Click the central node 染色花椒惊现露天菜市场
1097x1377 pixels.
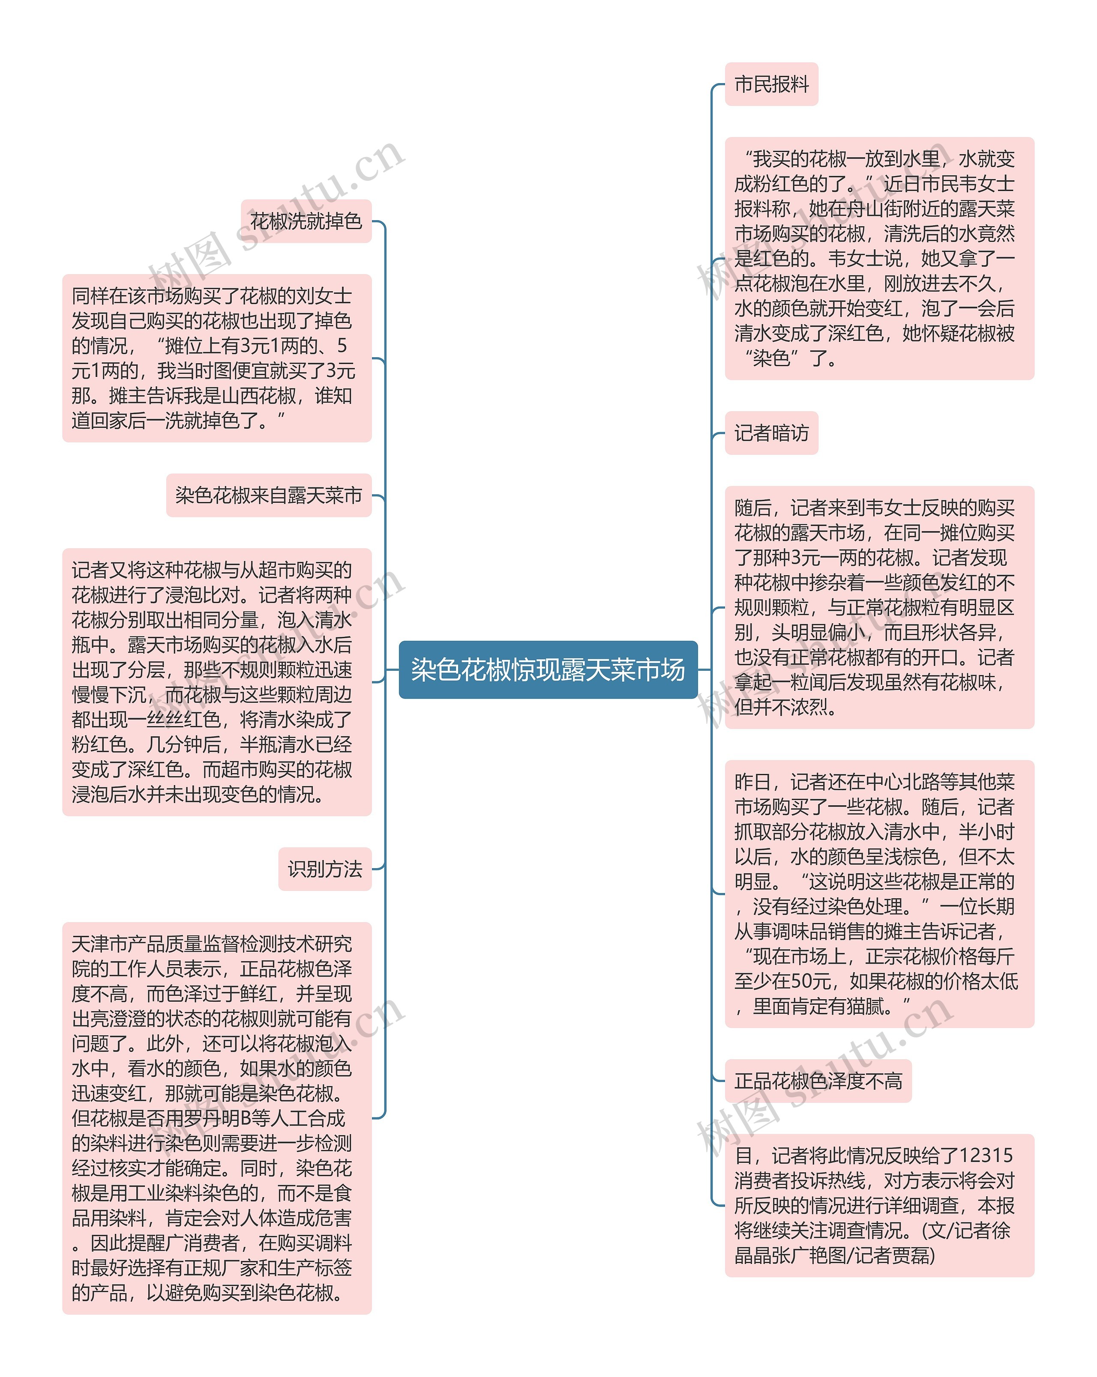pyautogui.click(x=548, y=669)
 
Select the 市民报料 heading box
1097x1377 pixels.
pyautogui.click(x=771, y=84)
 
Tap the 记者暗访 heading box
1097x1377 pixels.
pyautogui.click(x=771, y=433)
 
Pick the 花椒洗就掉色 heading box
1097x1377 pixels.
pyautogui.click(x=306, y=221)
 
